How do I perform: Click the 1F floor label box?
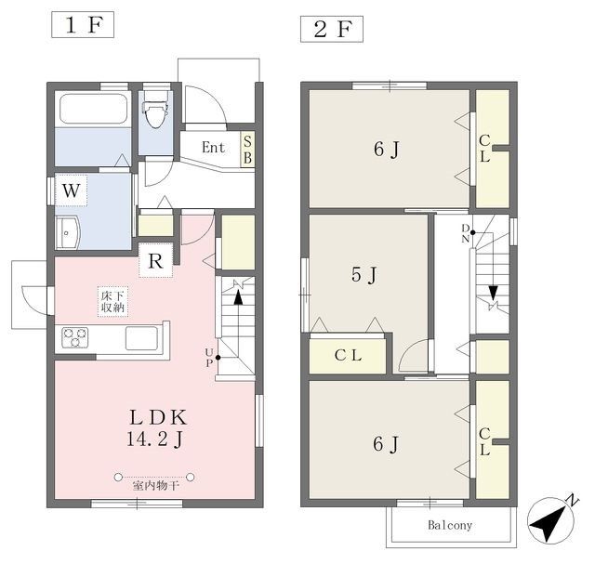[83, 25]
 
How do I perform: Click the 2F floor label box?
[332, 29]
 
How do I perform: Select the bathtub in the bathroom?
[93, 108]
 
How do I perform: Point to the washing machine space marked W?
[72, 190]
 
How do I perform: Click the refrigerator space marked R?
[155, 260]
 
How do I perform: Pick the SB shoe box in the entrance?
[248, 150]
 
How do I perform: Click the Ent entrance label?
[213, 147]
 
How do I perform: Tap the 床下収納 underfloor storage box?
[112, 301]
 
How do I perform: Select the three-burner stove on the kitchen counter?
[75, 337]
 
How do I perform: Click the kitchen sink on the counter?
[141, 338]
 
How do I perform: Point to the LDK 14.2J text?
[157, 428]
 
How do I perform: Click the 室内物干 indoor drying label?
[155, 486]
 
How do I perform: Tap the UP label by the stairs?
[209, 358]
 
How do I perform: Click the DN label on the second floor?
[466, 233]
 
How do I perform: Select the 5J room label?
[364, 274]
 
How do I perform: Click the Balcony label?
[450, 525]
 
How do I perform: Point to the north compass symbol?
[551, 519]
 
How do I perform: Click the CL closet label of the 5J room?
[348, 355]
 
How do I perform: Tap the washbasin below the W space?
[68, 232]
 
